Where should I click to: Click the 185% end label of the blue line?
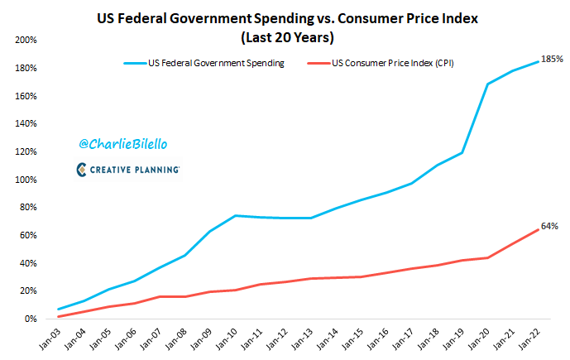552,60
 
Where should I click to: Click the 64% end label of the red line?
549,225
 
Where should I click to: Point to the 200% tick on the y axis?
25,40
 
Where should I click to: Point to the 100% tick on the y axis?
25,180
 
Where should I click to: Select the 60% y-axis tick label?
26,235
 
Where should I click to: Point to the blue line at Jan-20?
487,84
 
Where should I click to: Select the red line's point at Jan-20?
487,257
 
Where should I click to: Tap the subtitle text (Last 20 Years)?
286,37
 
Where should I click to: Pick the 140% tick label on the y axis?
25,123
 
